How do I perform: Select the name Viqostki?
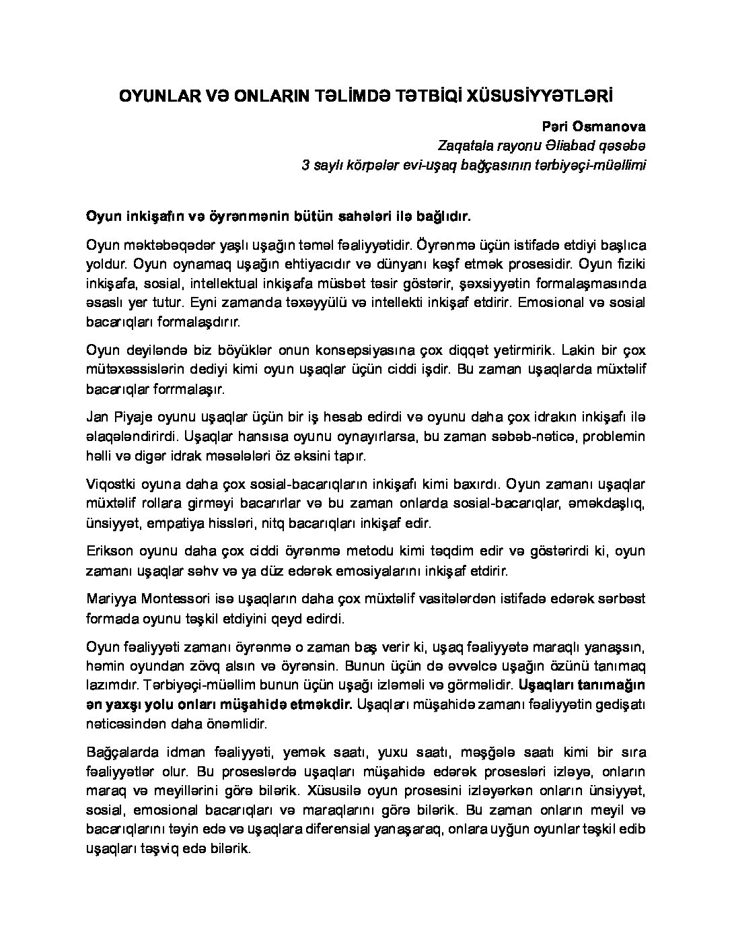[112, 483]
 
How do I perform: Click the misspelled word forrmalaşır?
[194, 389]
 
